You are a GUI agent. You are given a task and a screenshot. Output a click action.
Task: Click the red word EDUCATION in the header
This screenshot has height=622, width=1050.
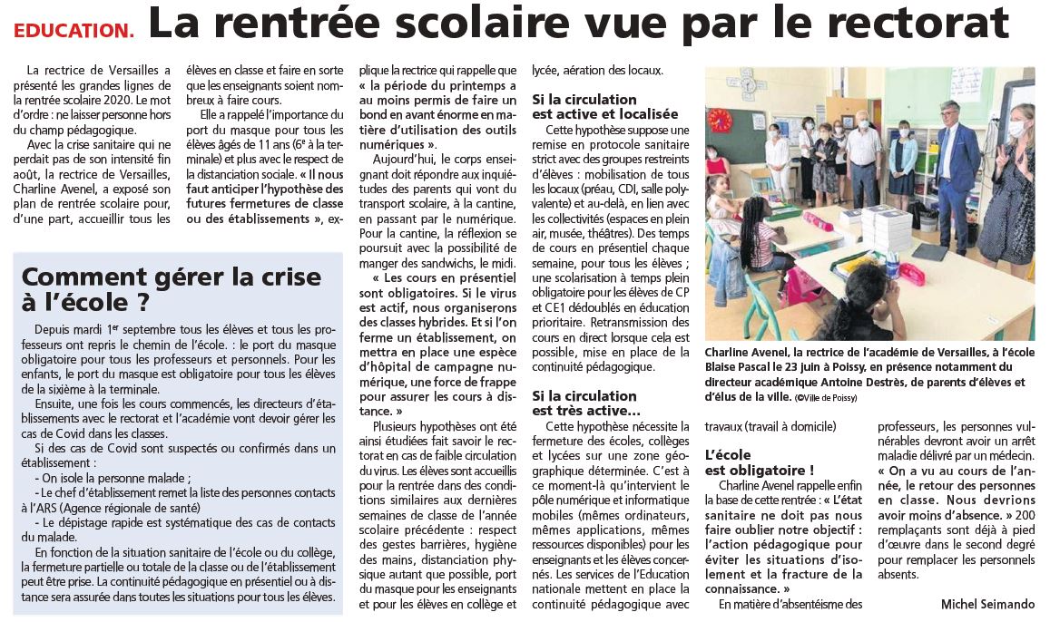73,30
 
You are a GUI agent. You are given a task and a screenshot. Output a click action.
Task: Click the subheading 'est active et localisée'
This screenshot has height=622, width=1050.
604,114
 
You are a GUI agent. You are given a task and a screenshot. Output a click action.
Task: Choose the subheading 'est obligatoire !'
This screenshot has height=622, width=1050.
759,470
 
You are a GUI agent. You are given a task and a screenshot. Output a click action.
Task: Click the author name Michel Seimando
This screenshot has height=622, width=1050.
986,604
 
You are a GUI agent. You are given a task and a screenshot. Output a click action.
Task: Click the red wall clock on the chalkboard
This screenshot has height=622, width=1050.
720,119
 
